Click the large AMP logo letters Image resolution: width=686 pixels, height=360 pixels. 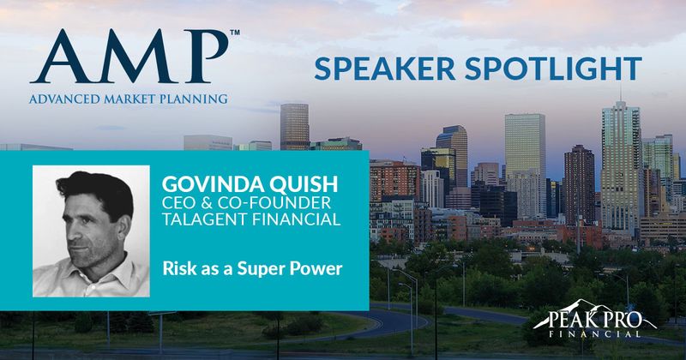pos(129,57)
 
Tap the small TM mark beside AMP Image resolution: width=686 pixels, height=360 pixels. pos(235,33)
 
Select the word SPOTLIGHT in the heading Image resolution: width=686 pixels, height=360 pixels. pos(553,69)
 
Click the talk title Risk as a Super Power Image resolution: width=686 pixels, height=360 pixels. pos(252,268)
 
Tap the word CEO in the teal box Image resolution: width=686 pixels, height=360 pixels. pos(178,202)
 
